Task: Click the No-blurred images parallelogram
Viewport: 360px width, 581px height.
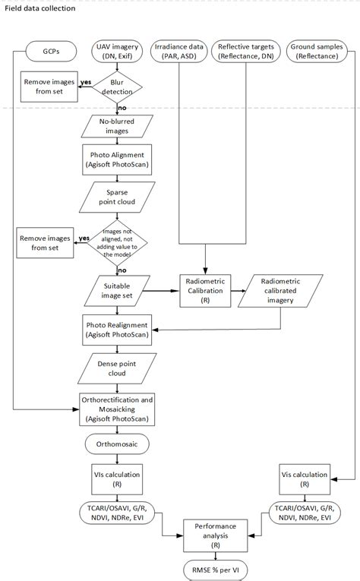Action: pyautogui.click(x=117, y=125)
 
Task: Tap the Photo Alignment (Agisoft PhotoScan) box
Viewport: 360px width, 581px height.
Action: pyautogui.click(x=117, y=160)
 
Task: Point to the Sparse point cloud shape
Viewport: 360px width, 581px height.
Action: pyautogui.click(x=117, y=197)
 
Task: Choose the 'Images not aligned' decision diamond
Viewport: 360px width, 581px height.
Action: pyautogui.click(x=117, y=241)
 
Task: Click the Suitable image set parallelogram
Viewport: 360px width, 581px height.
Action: pyautogui.click(x=117, y=291)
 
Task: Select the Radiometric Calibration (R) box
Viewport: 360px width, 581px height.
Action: pyautogui.click(x=205, y=291)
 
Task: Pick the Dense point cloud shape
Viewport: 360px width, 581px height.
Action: pyautogui.click(x=117, y=368)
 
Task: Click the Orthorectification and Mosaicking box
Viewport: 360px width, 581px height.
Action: pyautogui.click(x=117, y=409)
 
